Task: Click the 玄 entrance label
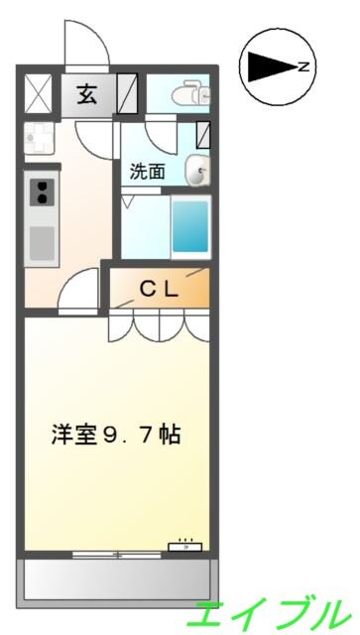(87, 95)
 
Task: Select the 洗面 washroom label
(147, 172)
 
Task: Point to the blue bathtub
(190, 227)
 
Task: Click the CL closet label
(159, 289)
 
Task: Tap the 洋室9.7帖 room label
(116, 435)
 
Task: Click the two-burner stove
(42, 192)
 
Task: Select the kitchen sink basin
(42, 243)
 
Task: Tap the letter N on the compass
(303, 67)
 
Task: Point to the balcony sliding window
(117, 555)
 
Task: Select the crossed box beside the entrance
(39, 93)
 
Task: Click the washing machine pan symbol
(39, 138)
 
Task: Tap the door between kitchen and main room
(78, 291)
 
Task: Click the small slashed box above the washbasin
(203, 135)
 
